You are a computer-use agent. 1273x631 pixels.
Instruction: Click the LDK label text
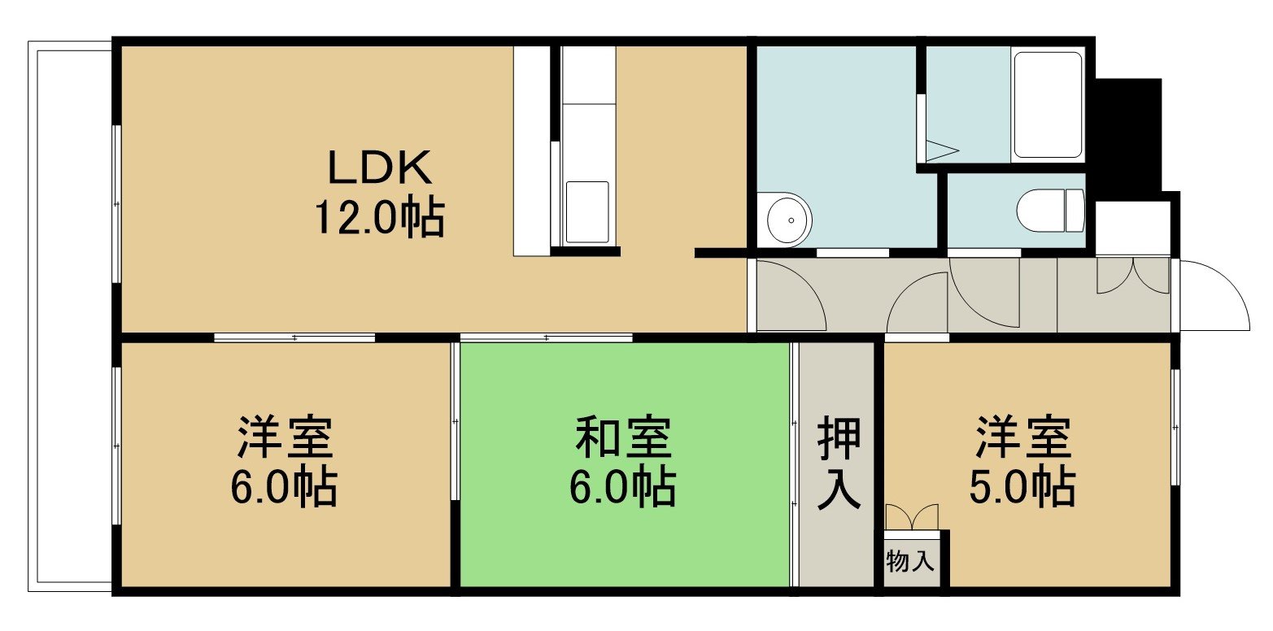[380, 167]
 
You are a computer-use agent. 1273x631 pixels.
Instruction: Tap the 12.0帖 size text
[380, 218]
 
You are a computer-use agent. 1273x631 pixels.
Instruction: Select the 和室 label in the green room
[623, 437]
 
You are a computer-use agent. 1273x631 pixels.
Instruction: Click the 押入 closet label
[839, 463]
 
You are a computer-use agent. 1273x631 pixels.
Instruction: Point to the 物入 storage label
[910, 561]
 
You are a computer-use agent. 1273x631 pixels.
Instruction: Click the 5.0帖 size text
[1022, 487]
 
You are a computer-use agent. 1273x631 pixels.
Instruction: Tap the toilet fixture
[1050, 210]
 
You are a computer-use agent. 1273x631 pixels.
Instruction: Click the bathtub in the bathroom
[1048, 105]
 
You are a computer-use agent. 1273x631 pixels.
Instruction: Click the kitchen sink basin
[587, 212]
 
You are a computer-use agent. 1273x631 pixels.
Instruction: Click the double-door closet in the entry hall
[1132, 276]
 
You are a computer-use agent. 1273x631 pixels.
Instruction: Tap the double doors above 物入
[912, 516]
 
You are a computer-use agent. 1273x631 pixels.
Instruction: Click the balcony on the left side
[70, 315]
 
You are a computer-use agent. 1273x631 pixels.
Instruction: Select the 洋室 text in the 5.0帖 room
[1023, 437]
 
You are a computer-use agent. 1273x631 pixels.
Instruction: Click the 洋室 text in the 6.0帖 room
[285, 437]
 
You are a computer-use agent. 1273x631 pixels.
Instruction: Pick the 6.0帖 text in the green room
[623, 487]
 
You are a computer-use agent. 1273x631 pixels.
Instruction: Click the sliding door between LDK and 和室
[546, 338]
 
